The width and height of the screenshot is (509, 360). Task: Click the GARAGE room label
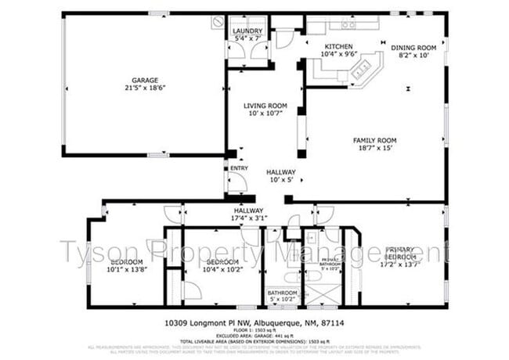point(145,79)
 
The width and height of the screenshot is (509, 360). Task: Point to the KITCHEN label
point(339,47)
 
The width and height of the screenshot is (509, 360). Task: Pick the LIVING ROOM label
point(264,106)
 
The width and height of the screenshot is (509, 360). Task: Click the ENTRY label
point(238,167)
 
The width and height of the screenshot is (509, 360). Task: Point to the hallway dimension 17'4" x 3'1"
point(251,218)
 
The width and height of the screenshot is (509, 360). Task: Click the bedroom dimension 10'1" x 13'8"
point(126,269)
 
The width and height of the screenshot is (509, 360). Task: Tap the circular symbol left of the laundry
point(217,22)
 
